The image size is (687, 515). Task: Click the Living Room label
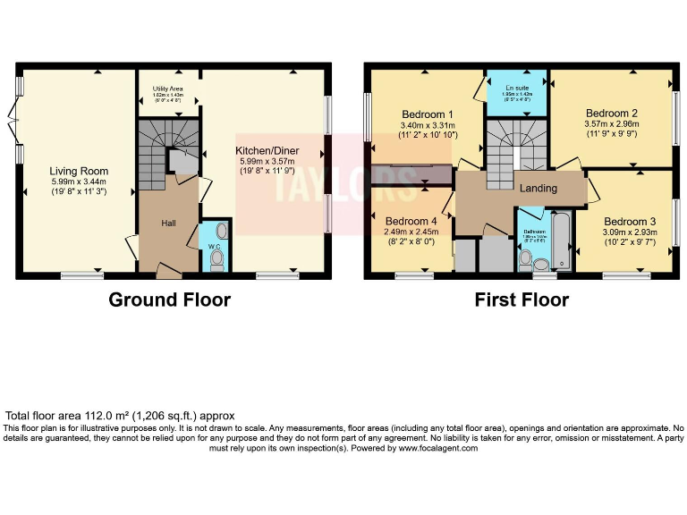(79, 171)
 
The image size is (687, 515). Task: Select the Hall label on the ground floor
(169, 223)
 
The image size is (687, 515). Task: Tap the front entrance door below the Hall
(167, 267)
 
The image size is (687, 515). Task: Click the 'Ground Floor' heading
(169, 300)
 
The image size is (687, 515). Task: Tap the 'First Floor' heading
(522, 300)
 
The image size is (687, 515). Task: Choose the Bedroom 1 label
(427, 114)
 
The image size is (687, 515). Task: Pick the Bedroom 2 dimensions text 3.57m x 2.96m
(611, 124)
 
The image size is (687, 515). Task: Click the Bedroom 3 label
(630, 222)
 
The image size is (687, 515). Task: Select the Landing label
(539, 189)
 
